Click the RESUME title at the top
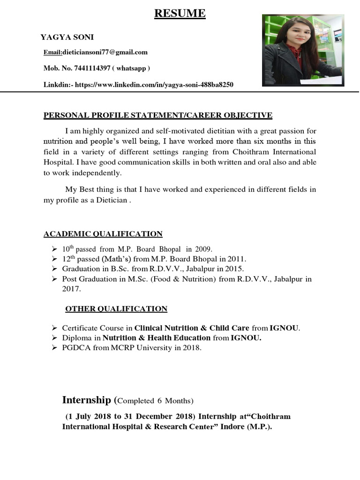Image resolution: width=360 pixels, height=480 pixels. (180, 14)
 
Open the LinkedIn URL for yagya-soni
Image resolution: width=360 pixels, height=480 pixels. (154, 85)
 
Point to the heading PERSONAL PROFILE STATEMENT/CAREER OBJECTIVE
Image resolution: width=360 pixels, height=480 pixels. (158, 115)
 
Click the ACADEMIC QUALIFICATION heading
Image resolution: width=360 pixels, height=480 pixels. (103, 234)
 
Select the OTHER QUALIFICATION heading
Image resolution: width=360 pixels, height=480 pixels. (116, 309)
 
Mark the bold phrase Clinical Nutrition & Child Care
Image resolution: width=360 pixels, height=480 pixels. (192, 328)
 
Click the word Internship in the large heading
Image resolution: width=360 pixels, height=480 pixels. (86, 400)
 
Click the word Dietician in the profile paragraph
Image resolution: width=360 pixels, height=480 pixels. (112, 200)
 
